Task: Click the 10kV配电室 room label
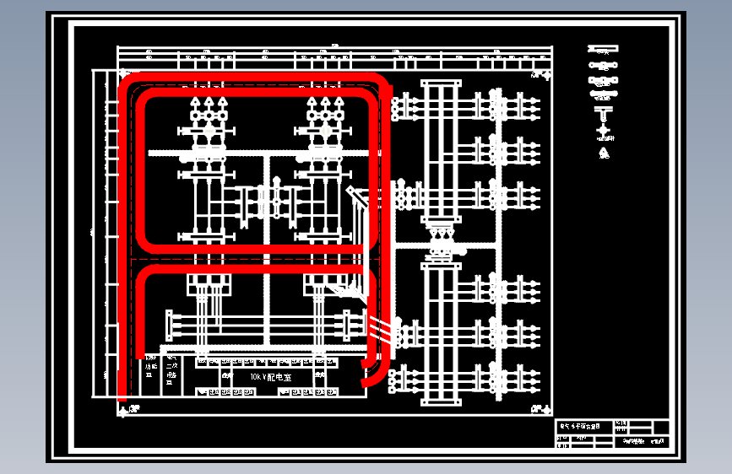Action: click(270, 377)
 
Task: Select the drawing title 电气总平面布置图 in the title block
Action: click(580, 427)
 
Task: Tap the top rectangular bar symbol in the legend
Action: click(604, 49)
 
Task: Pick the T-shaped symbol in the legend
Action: click(604, 114)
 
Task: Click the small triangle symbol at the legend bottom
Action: click(604, 153)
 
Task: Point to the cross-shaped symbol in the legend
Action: click(604, 133)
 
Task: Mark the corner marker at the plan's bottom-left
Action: click(124, 410)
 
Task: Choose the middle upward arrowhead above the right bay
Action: click(325, 103)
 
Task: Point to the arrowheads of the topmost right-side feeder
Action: click(534, 104)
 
